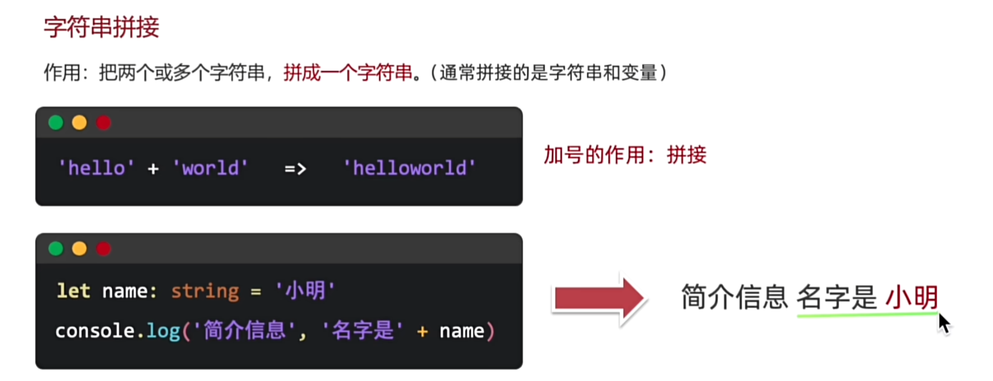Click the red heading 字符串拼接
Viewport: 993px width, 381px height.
point(101,27)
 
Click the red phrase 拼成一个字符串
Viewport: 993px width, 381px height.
point(348,72)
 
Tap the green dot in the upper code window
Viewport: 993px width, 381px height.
point(56,123)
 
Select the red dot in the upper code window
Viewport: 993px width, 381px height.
point(103,123)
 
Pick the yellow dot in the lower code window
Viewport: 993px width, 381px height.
point(79,249)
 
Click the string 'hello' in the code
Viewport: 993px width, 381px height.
point(97,168)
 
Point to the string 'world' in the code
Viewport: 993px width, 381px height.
point(210,168)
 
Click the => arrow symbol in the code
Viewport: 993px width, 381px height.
point(296,169)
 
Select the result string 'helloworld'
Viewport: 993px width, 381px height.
point(410,168)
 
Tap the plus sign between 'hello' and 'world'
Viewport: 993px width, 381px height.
point(153,169)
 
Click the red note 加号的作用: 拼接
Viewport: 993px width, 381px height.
point(625,155)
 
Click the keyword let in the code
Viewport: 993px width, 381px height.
point(73,291)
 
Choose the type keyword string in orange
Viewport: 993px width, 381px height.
point(205,292)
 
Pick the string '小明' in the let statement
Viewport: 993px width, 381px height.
point(305,291)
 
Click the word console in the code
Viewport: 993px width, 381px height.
point(95,331)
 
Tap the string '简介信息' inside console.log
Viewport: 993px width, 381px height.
point(245,331)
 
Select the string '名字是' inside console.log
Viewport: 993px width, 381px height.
point(363,331)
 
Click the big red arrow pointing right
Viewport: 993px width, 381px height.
point(599,298)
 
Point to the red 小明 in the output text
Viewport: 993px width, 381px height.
point(912,297)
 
